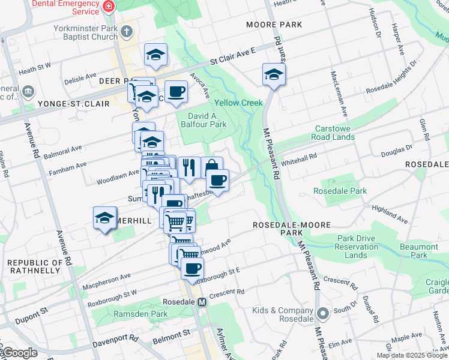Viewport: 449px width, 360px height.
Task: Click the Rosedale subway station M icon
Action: pyautogui.click(x=202, y=302)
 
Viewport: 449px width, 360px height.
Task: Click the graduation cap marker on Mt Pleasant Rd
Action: pyautogui.click(x=274, y=76)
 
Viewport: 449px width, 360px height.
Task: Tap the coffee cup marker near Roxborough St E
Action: pyautogui.click(x=192, y=269)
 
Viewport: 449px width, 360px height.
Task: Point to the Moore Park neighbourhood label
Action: pyautogui.click(x=274, y=25)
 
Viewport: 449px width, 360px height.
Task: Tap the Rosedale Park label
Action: pyautogui.click(x=340, y=191)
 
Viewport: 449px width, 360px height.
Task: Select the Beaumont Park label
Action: pyautogui.click(x=419, y=251)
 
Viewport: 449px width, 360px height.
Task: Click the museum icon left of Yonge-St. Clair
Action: pyautogui.click(x=28, y=92)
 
